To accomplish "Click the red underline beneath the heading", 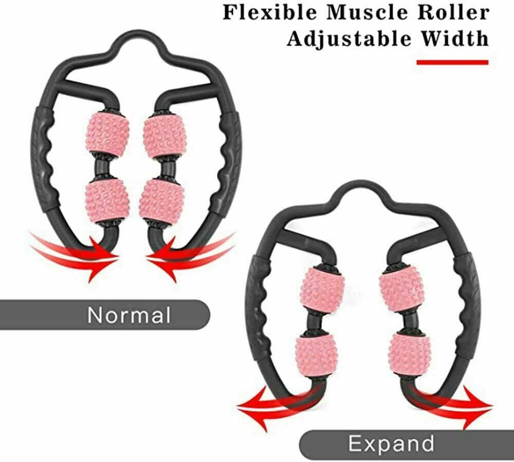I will pyautogui.click(x=452, y=62).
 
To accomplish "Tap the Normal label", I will pyautogui.click(x=128, y=314).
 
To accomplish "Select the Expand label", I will pyautogui.click(x=391, y=442).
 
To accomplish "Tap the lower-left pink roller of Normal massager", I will pyautogui.click(x=107, y=201).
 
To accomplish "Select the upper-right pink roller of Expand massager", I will pyautogui.click(x=401, y=290).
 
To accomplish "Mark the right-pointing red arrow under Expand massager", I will pyautogui.click(x=457, y=402).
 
